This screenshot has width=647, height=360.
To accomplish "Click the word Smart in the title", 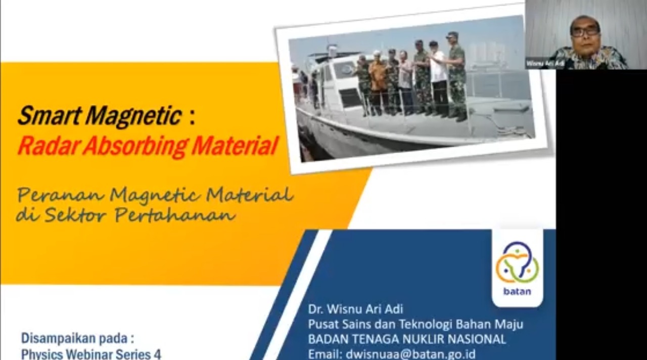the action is coord(49,116).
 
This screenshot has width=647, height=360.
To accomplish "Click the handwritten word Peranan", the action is coord(61,195).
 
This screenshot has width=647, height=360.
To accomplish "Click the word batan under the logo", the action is coord(517,292).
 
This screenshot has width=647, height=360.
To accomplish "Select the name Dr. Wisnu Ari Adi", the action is coord(355,309).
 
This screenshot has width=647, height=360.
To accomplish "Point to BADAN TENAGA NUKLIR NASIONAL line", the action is coord(407,339).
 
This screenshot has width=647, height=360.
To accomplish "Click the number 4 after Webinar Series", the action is coord(157,355).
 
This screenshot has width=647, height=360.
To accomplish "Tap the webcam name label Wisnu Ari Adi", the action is coord(545,64).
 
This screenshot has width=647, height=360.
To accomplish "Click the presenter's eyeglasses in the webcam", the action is coord(585,32).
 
